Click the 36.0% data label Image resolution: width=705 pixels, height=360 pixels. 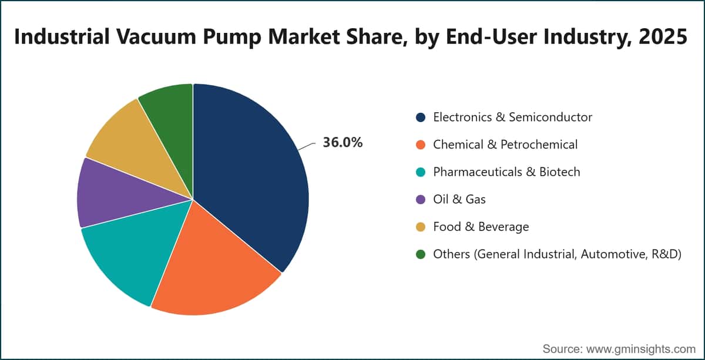[x=343, y=143]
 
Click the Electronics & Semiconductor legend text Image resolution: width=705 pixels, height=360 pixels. [x=513, y=117]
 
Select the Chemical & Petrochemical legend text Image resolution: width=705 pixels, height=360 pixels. [x=505, y=144]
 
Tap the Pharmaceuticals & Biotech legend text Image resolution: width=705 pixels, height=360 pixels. [x=506, y=172]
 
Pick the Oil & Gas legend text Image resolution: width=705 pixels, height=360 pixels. [x=459, y=199]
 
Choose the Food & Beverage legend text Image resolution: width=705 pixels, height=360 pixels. [x=481, y=227]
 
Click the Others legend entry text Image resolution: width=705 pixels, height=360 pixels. [x=558, y=254]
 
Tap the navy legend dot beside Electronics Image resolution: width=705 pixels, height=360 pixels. [x=421, y=117]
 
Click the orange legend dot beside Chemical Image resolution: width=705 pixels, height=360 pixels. [x=421, y=144]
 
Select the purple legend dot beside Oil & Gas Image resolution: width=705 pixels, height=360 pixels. [x=421, y=200]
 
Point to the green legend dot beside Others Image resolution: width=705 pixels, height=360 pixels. [x=421, y=254]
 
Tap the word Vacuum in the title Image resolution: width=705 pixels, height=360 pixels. [x=156, y=36]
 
